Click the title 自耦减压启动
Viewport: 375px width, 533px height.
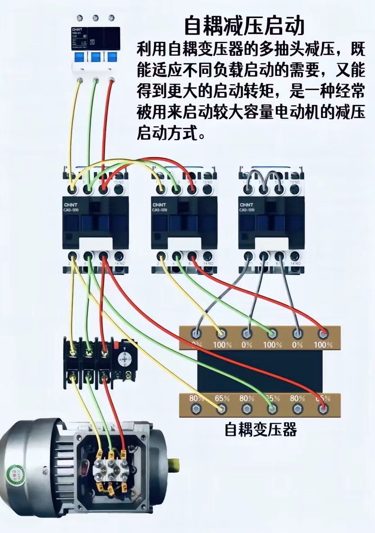244,26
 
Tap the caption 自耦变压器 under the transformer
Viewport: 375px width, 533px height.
261,429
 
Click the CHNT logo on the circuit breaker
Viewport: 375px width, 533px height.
76,30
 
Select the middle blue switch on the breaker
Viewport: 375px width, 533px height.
95,57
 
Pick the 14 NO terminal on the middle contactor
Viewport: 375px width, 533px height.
208,256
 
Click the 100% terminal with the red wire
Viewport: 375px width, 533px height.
323,334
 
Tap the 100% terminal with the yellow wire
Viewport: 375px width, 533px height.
221,334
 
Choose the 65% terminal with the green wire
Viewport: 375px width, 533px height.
272,409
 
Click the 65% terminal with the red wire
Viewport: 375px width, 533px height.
323,409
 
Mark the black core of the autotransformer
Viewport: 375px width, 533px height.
260,372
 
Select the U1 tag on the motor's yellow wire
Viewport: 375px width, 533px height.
100,454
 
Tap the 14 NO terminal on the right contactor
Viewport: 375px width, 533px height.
295,256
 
